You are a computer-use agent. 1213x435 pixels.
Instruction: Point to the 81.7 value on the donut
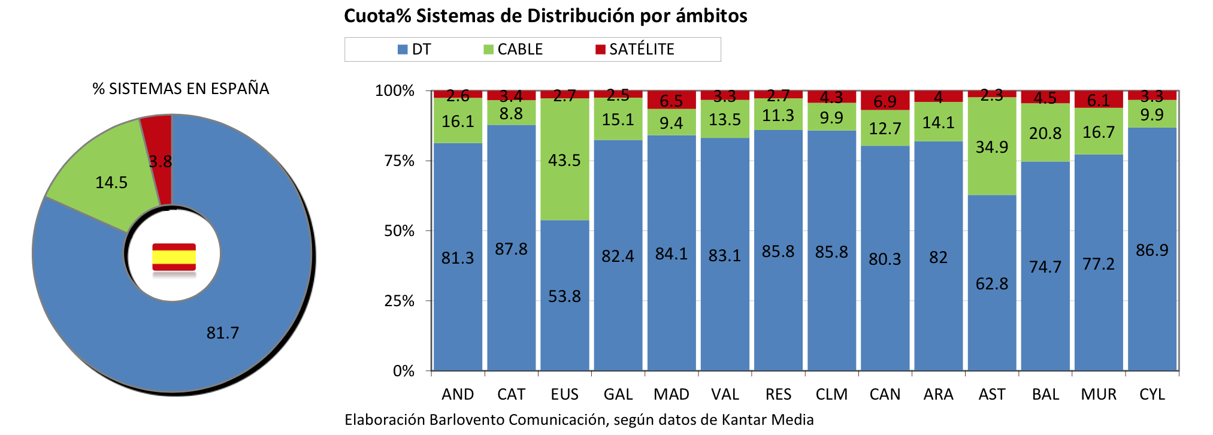(222, 333)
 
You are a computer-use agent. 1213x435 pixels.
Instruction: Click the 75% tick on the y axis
(400, 161)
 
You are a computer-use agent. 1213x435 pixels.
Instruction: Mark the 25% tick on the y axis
(400, 301)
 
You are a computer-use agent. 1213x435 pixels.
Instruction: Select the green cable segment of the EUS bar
(564, 159)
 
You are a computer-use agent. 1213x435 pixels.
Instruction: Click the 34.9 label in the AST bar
(991, 147)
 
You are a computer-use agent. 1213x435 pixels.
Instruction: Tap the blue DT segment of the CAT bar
(511, 249)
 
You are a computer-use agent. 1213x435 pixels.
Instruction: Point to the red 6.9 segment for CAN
(885, 101)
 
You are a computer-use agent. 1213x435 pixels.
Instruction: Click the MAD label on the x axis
(671, 394)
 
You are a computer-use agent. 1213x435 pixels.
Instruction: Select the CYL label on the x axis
(1151, 394)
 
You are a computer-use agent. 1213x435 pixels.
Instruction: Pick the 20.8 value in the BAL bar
(1045, 133)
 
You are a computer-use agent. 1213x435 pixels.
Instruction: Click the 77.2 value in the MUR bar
(1098, 264)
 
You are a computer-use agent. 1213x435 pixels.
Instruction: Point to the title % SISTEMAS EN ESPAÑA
(180, 89)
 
